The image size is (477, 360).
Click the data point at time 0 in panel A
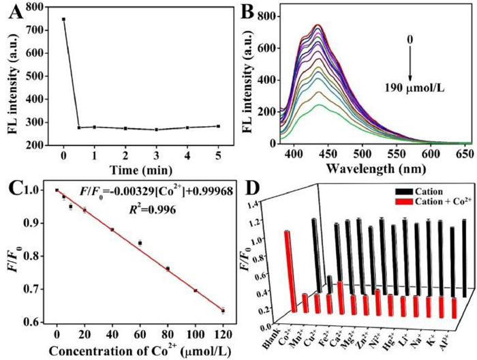click(x=63, y=19)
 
